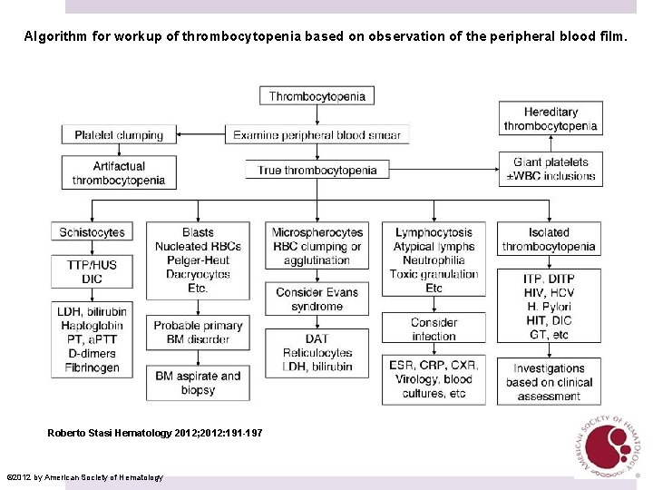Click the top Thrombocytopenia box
(317, 96)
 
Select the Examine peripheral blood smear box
(317, 134)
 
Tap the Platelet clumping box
(119, 134)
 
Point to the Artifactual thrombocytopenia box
(119, 172)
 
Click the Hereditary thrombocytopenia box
(551, 118)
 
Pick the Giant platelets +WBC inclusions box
(551, 169)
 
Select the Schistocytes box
(92, 233)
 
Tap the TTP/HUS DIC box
(92, 271)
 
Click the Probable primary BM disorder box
(198, 332)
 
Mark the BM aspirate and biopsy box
(198, 382)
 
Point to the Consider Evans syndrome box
(317, 299)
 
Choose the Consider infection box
(434, 328)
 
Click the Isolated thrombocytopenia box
(549, 240)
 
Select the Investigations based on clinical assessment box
(549, 381)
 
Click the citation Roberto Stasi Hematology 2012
(155, 433)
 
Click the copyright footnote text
(84, 477)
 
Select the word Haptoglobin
(92, 326)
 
